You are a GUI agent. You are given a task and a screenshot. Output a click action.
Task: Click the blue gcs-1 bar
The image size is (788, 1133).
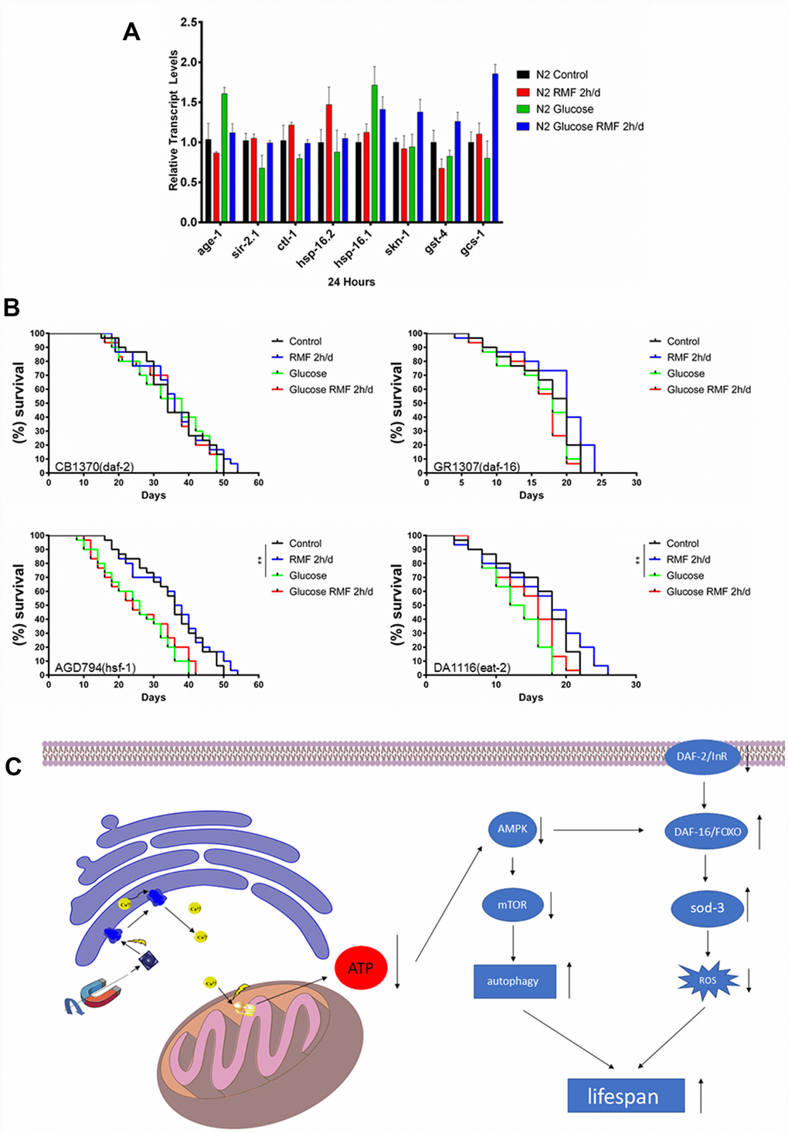pyautogui.click(x=495, y=148)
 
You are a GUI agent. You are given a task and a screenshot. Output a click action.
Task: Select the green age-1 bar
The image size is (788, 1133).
pyautogui.click(x=224, y=158)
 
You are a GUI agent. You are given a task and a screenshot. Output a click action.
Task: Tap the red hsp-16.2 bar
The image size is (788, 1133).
pyautogui.click(x=329, y=163)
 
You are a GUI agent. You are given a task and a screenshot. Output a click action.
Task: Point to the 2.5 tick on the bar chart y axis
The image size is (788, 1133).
pyautogui.click(x=189, y=22)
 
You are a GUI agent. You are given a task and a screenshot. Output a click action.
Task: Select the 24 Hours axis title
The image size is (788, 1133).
pyautogui.click(x=352, y=282)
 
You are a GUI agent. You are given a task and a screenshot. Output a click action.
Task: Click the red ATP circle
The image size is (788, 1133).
pyautogui.click(x=361, y=968)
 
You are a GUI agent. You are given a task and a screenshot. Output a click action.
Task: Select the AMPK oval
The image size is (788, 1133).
pyautogui.click(x=512, y=829)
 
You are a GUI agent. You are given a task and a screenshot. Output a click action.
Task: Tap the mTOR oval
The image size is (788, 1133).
pyautogui.click(x=512, y=904)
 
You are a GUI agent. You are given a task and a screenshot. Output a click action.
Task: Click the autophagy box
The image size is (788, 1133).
pyautogui.click(x=514, y=981)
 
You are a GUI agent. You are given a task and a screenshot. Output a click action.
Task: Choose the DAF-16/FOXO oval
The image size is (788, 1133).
pyautogui.click(x=707, y=832)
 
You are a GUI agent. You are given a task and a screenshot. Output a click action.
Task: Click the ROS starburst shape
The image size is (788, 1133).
pyautogui.click(x=708, y=980)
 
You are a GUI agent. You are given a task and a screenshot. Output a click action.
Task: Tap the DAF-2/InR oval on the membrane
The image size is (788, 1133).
pyautogui.click(x=702, y=756)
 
